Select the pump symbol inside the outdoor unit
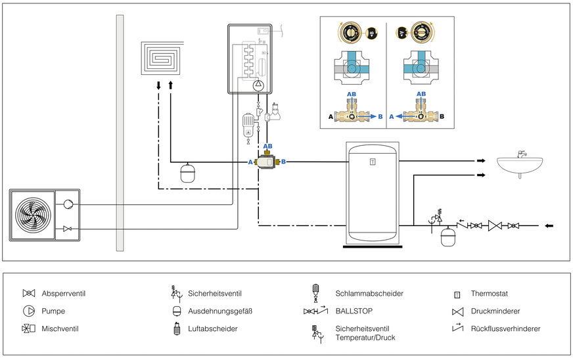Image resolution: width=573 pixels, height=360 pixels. point(68,204)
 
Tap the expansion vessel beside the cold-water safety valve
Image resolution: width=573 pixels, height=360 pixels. point(449,235)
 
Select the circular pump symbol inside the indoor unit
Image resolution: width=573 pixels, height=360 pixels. point(259,84)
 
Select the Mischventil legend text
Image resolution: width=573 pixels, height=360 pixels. point(60,328)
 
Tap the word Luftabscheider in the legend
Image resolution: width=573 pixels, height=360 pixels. point(214,328)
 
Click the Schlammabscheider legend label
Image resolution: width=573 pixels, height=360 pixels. point(369,293)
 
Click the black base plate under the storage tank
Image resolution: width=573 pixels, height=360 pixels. point(372,246)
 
